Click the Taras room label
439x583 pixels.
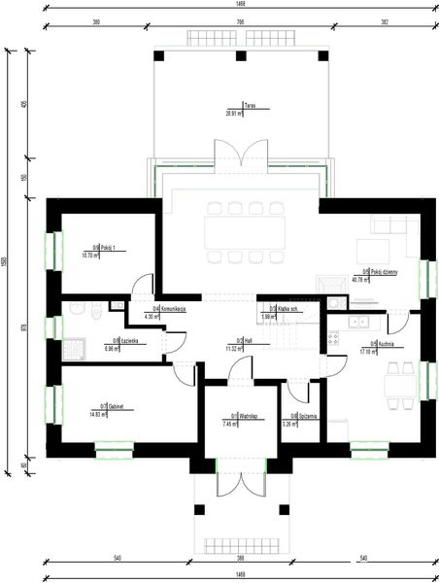[x=251, y=107]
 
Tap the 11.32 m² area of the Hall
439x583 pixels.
[x=233, y=347]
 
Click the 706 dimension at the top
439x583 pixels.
[x=238, y=19]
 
